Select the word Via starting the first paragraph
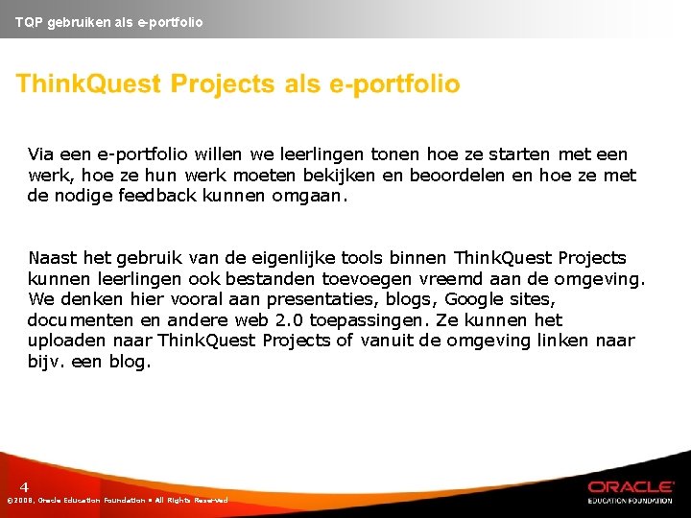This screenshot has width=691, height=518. pos(41,154)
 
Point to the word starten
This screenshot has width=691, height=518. pos(518,154)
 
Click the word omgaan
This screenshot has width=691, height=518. pos(312,197)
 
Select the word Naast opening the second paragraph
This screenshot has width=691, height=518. pos(53,258)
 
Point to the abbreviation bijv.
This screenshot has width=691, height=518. pos(47,363)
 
